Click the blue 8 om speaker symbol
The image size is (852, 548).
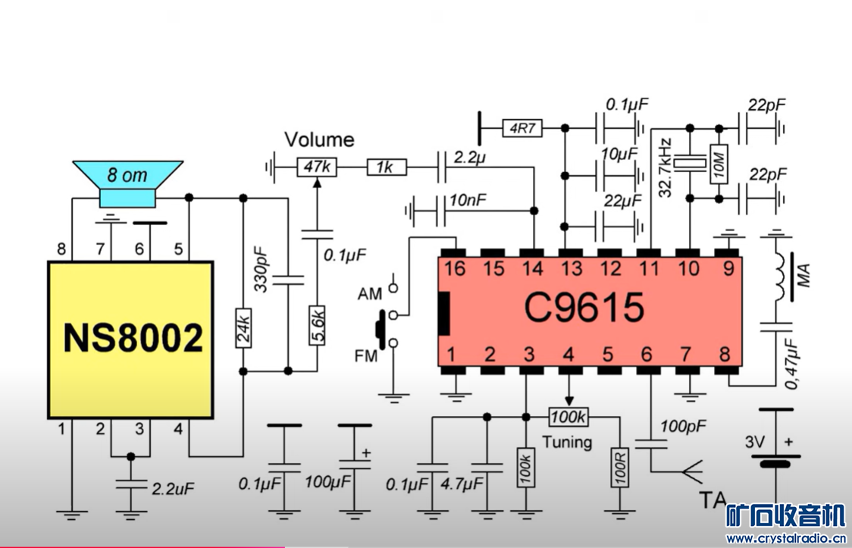point(127,182)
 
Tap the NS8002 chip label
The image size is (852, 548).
point(133,339)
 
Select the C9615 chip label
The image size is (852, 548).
point(584,308)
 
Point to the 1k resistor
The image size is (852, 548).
point(387,167)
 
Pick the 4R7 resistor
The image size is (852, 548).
point(522,129)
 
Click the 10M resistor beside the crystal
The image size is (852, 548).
point(716,163)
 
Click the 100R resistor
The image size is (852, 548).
point(619,471)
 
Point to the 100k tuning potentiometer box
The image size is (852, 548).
point(569,418)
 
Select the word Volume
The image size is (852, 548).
point(319,140)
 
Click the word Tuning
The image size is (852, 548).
point(567,441)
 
